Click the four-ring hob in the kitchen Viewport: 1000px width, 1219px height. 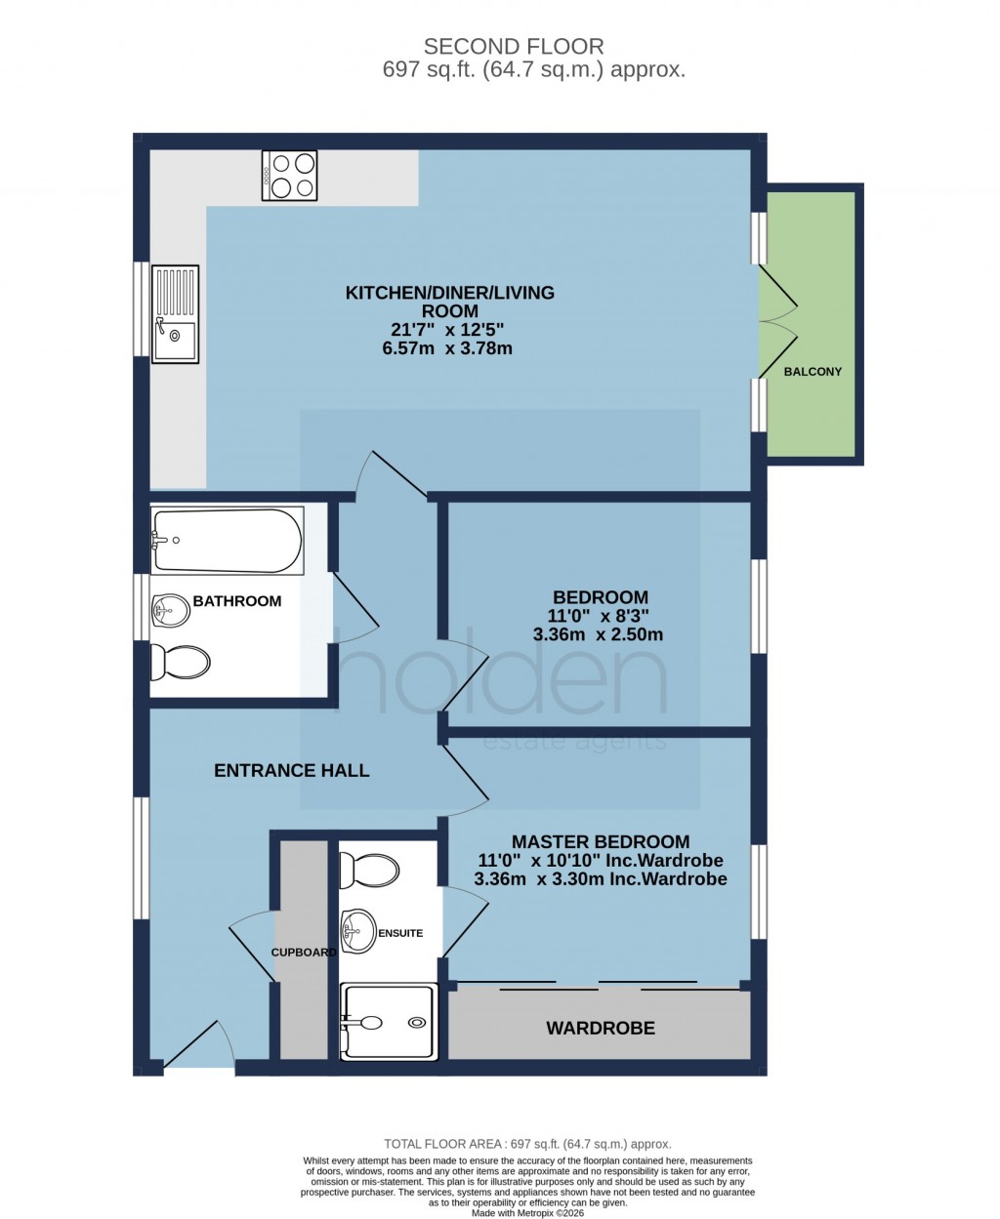[x=289, y=176]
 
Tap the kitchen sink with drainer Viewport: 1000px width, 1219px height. [x=175, y=313]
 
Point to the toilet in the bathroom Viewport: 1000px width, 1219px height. [x=181, y=664]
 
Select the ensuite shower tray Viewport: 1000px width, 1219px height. [x=388, y=1022]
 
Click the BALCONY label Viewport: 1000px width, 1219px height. [x=812, y=372]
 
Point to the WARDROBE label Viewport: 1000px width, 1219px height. [x=600, y=1028]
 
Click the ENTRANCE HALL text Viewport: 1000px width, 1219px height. [x=291, y=771]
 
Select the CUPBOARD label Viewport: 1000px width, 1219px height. [x=304, y=952]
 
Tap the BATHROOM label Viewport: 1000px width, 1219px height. [x=236, y=601]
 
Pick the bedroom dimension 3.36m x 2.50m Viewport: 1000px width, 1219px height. [x=598, y=634]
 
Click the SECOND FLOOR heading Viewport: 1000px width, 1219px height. [x=513, y=46]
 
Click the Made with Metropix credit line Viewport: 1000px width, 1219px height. [x=527, y=1213]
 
